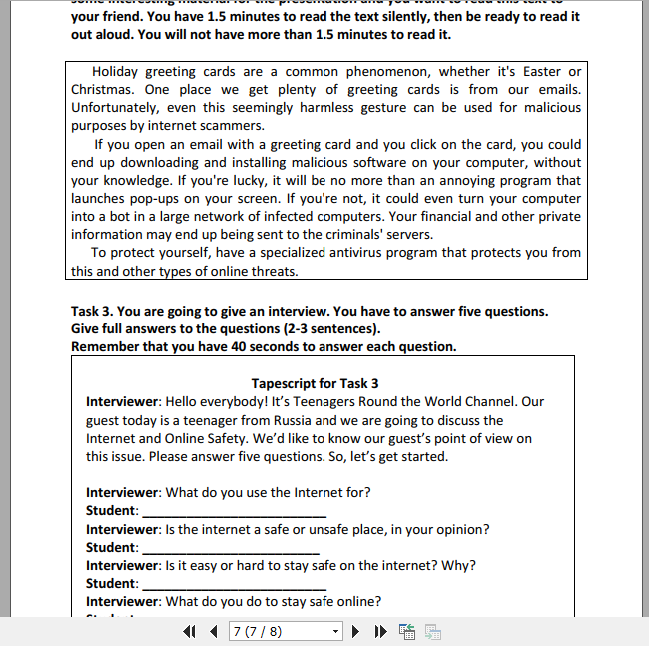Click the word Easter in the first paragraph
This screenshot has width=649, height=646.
539,72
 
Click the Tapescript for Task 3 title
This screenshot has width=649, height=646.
315,384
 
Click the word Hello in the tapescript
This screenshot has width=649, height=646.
186,402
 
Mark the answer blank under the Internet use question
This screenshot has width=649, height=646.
231,511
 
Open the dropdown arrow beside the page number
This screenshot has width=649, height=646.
335,632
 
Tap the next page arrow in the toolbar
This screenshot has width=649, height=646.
356,632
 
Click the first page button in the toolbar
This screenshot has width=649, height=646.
190,632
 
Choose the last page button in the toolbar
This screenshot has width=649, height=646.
379,632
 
